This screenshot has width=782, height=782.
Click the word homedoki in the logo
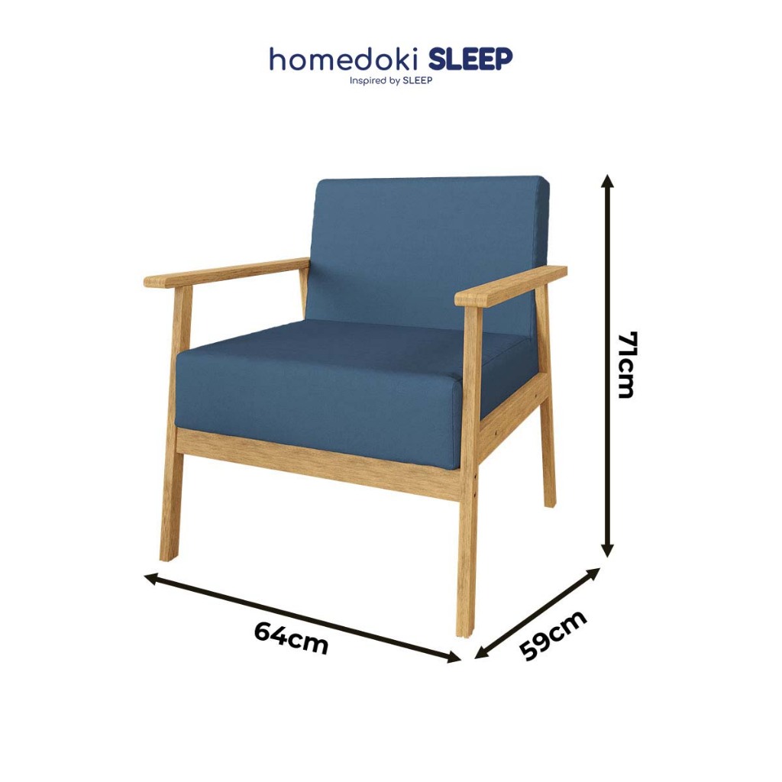(346, 60)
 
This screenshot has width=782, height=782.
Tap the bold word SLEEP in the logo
(470, 60)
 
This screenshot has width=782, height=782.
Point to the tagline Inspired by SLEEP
(390, 81)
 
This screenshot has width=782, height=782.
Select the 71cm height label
(626, 364)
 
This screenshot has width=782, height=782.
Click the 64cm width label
(292, 638)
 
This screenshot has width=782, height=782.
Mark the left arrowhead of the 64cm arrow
(151, 579)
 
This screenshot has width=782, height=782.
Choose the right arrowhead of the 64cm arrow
(454, 658)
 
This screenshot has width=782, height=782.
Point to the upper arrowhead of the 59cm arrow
(593, 574)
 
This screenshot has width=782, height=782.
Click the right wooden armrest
(511, 286)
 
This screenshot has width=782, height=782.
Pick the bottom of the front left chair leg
(169, 557)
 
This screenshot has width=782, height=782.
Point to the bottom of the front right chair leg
(464, 633)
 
